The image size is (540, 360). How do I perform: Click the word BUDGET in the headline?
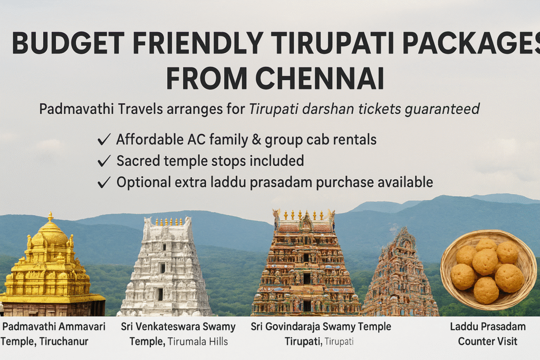coord(68,43)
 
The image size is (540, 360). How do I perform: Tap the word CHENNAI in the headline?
coord(320,78)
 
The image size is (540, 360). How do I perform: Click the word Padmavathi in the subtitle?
coord(76,109)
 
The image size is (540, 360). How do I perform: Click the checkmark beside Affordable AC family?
coord(104,139)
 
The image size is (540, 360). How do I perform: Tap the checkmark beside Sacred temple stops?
coord(104,161)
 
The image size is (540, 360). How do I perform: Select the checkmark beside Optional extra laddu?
coord(104,182)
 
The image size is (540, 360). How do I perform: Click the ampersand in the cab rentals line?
coord(256,140)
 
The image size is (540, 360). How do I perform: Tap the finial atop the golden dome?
coord(51,217)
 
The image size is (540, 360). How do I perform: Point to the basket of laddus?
coord(488,270)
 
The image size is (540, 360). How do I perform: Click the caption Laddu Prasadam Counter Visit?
coord(488,334)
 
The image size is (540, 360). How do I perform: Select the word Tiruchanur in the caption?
coord(64,342)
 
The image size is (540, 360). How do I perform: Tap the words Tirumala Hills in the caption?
coord(198,342)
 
